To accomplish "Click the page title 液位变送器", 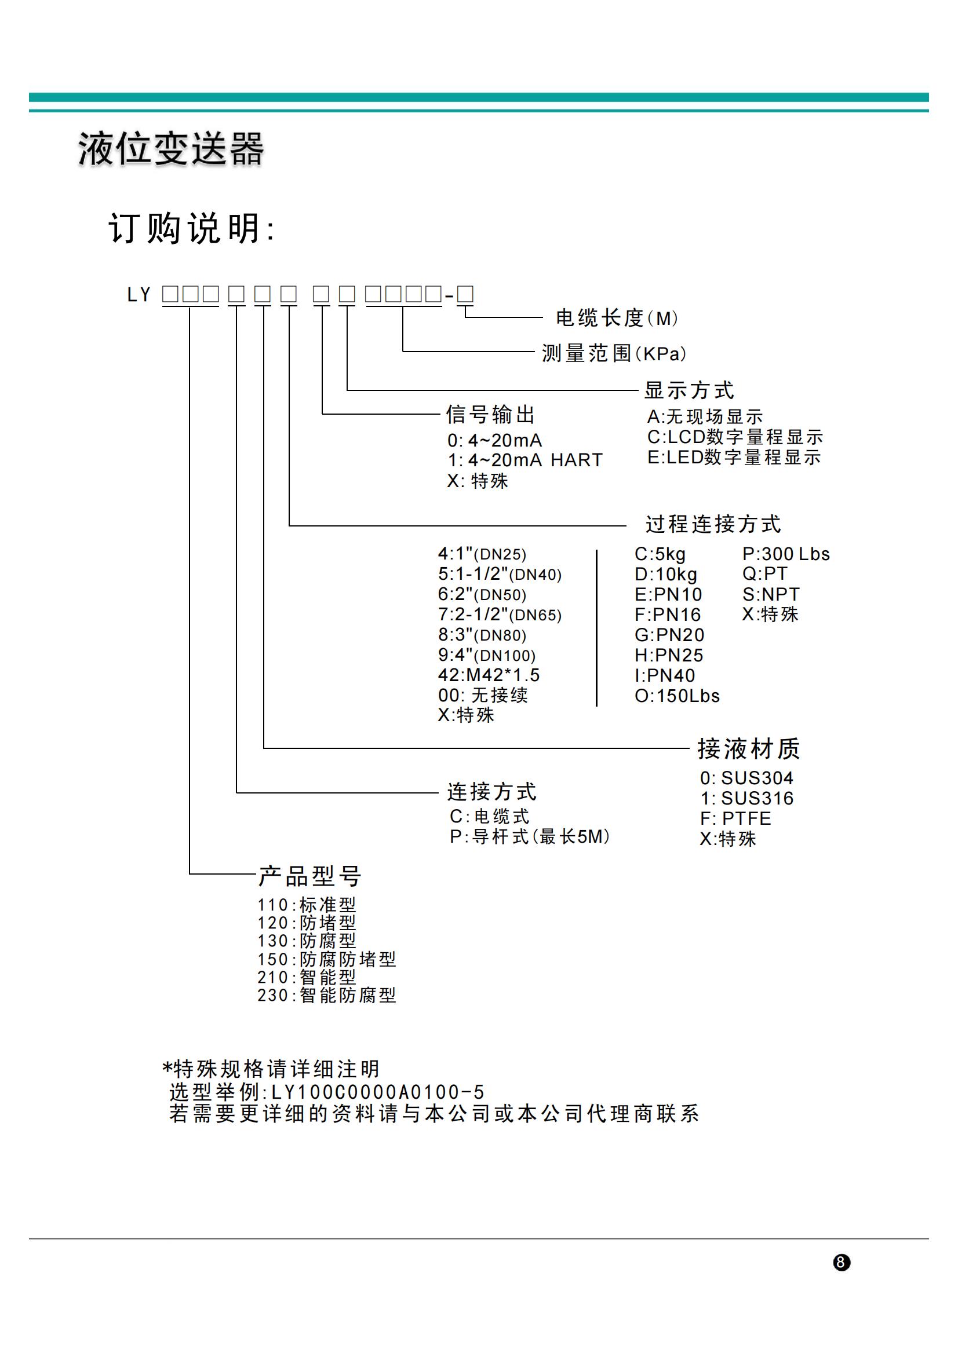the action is click(170, 149).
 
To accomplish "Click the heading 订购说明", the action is click(191, 228).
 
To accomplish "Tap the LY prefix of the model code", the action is click(139, 295).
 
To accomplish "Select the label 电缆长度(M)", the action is click(617, 319).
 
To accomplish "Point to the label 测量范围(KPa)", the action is click(614, 353).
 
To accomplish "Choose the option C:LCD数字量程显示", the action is click(735, 437).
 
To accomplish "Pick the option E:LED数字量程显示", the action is click(734, 457).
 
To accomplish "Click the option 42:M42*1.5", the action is click(489, 675).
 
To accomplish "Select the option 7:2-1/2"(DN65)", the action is click(500, 615).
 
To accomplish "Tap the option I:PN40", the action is click(665, 675).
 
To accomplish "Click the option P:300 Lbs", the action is click(786, 554).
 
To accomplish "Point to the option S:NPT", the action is click(771, 594).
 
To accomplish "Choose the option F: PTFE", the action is click(735, 818).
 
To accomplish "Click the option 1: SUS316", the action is click(747, 798).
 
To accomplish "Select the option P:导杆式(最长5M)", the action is click(530, 836).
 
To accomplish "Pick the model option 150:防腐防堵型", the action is click(327, 959).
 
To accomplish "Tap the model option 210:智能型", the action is click(307, 978).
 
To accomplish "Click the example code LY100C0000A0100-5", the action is click(377, 1092).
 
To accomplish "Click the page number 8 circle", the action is click(841, 1263).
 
